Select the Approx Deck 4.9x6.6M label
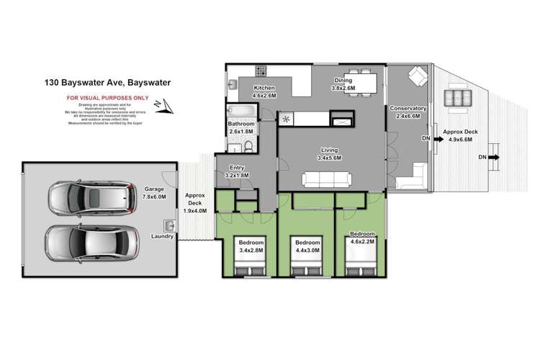[463, 136]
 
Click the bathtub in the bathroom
[238, 112]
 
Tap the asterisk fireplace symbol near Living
[287, 119]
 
